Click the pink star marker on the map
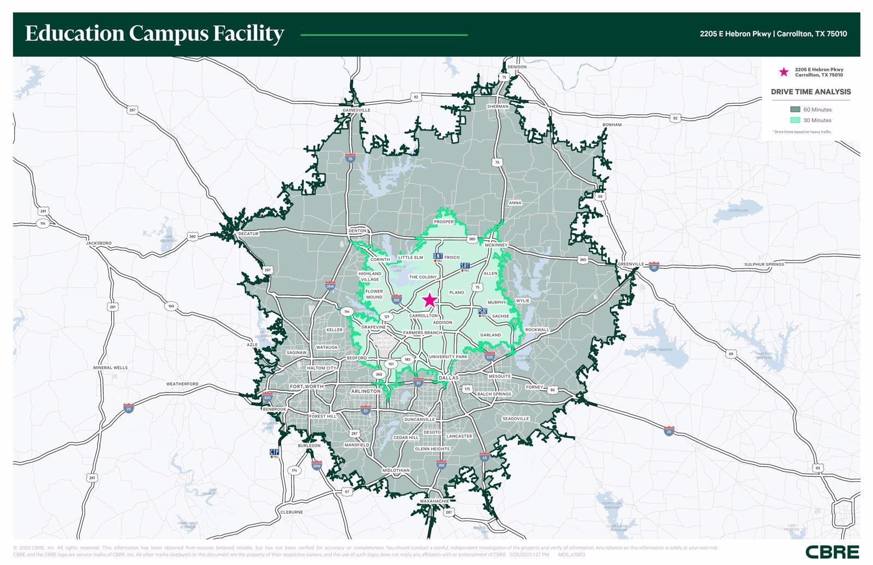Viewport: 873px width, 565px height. pyautogui.click(x=429, y=300)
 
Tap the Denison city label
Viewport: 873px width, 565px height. pyautogui.click(x=517, y=67)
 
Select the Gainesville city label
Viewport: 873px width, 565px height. pyautogui.click(x=356, y=110)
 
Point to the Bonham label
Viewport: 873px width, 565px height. pyautogui.click(x=612, y=124)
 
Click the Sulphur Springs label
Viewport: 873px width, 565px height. pyautogui.click(x=764, y=264)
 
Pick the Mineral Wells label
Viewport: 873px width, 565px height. pyautogui.click(x=110, y=367)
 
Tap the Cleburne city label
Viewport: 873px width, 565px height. pyautogui.click(x=291, y=512)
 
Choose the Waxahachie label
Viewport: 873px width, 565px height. pyautogui.click(x=434, y=501)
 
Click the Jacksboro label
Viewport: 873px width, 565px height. pyautogui.click(x=99, y=243)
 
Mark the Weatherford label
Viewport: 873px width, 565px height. pyautogui.click(x=182, y=384)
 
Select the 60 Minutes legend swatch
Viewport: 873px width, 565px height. pyautogui.click(x=795, y=110)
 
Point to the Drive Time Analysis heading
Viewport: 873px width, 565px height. pyautogui.click(x=811, y=92)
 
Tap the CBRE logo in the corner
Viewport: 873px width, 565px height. pyautogui.click(x=832, y=552)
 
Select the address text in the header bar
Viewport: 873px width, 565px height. pyautogui.click(x=773, y=34)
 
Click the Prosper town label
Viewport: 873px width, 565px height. pyautogui.click(x=444, y=222)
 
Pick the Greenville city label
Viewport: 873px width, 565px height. pyautogui.click(x=631, y=264)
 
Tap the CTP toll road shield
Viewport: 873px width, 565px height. pyautogui.click(x=274, y=453)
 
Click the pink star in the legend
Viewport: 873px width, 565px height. pyautogui.click(x=784, y=72)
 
